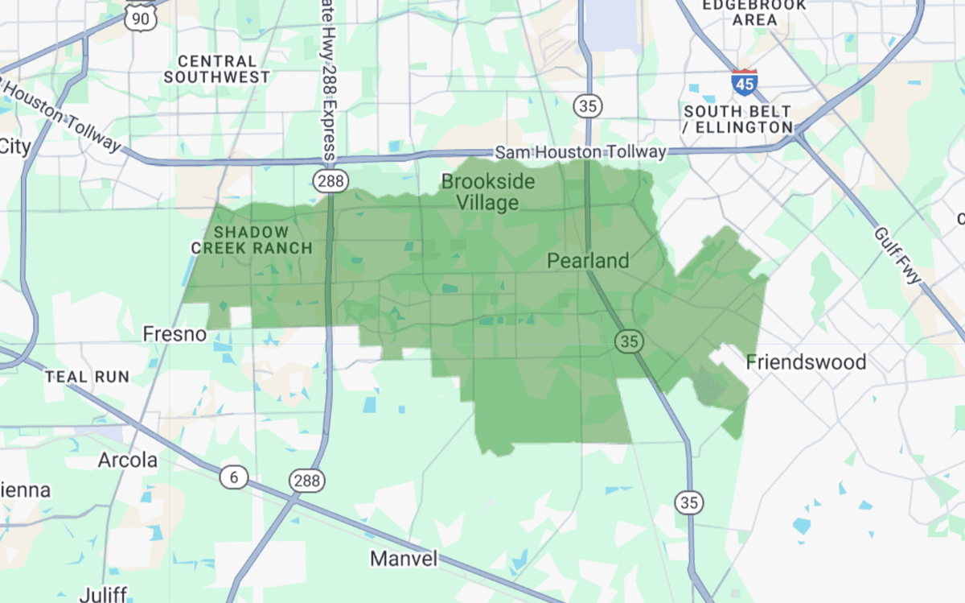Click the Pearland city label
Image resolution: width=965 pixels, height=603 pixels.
click(x=588, y=261)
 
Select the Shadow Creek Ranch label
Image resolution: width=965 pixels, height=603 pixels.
click(x=252, y=241)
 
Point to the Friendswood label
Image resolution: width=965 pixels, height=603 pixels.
click(x=806, y=362)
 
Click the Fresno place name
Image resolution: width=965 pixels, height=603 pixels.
click(x=175, y=333)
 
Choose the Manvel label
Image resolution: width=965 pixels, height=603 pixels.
click(x=404, y=558)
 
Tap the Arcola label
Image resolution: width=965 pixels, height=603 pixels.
click(x=127, y=461)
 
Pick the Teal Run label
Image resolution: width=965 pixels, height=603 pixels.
click(x=87, y=377)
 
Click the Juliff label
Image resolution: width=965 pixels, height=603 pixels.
click(x=102, y=594)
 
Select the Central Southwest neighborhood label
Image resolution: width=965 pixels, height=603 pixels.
click(x=217, y=69)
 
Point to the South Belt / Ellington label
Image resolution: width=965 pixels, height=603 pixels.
click(x=737, y=119)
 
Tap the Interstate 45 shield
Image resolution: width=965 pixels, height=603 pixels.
click(x=744, y=81)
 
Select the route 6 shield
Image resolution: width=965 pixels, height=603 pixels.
click(x=234, y=477)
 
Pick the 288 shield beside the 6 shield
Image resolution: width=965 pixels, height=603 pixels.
click(x=306, y=481)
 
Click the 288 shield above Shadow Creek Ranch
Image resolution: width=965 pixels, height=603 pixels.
click(x=331, y=181)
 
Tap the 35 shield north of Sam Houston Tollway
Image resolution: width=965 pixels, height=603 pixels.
click(x=588, y=105)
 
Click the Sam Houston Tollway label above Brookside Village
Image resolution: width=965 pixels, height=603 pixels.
click(x=580, y=151)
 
